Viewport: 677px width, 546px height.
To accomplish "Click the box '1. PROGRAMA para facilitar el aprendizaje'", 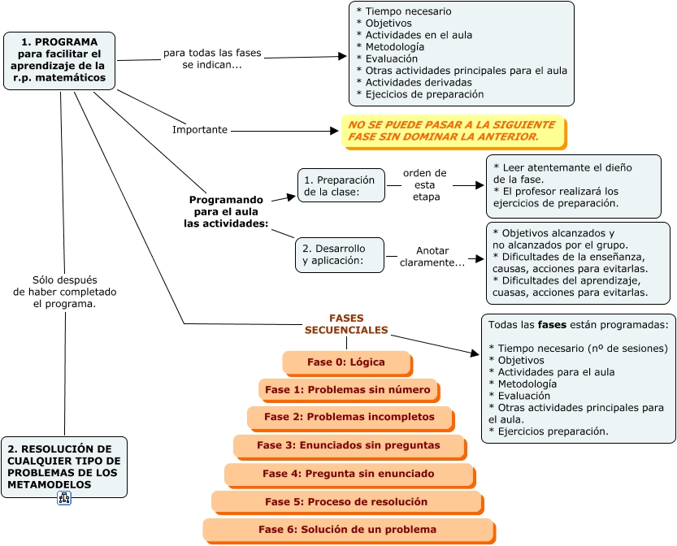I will (x=59, y=60).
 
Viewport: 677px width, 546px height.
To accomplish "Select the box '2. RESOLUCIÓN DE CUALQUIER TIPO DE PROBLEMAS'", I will (x=64, y=466).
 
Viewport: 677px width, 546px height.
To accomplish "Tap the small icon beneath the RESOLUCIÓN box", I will (x=64, y=498).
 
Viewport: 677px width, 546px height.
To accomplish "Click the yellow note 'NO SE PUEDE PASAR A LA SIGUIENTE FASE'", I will (x=453, y=131).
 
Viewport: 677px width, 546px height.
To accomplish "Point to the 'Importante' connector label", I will (x=200, y=130).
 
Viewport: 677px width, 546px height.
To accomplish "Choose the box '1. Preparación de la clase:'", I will (x=341, y=186).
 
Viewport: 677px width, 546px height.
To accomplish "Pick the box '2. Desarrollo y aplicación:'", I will (x=339, y=254).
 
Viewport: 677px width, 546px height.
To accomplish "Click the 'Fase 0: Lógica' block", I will (x=346, y=362).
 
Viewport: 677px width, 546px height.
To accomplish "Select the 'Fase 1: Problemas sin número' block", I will (x=348, y=390).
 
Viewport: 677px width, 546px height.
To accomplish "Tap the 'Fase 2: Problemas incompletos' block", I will (x=349, y=417).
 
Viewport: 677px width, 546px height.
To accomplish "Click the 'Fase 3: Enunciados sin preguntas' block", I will (x=349, y=445).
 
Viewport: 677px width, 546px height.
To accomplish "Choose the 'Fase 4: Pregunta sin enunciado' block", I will (x=349, y=474).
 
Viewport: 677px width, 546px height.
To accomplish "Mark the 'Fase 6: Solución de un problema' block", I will (x=348, y=530).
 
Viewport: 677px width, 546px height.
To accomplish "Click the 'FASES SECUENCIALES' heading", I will (x=346, y=324).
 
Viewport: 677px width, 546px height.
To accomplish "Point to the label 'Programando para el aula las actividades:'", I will (x=226, y=211).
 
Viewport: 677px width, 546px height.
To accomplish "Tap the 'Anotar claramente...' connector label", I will (x=432, y=257).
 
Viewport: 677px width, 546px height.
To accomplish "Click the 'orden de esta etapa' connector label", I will (x=425, y=185).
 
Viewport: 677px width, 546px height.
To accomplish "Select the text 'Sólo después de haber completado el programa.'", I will (x=65, y=292).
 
